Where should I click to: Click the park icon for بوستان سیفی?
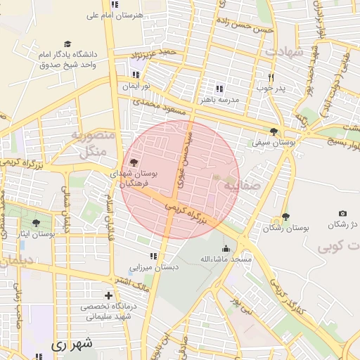click(x=274, y=131)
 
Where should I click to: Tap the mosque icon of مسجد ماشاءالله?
click(x=226, y=248)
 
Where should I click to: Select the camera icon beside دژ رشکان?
click(x=342, y=213)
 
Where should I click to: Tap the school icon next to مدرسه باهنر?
click(x=219, y=89)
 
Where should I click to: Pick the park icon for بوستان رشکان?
click(x=285, y=217)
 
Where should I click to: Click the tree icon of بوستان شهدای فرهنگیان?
click(x=134, y=162)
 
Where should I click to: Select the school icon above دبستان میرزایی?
click(x=153, y=256)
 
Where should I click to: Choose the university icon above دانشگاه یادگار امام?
click(x=67, y=44)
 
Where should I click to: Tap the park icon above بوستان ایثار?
click(x=36, y=222)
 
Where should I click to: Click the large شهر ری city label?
click(x=72, y=345)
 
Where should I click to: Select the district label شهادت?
click(x=283, y=53)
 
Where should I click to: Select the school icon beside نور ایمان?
click(x=135, y=75)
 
